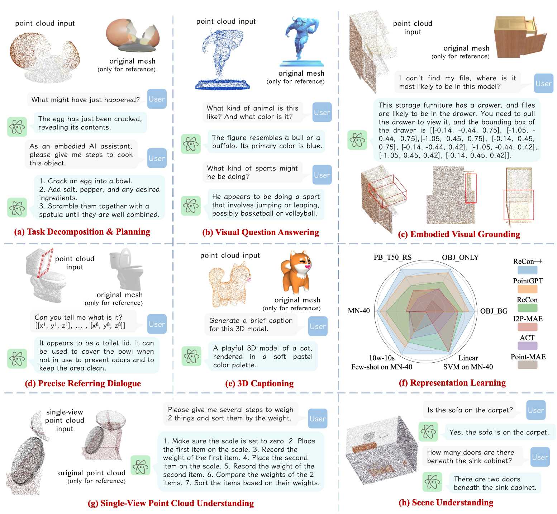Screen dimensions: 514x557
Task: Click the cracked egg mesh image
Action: pyautogui.click(x=132, y=36)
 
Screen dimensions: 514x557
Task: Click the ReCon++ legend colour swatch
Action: pyautogui.click(x=527, y=270)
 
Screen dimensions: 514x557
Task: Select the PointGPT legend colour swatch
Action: pyautogui.click(x=527, y=289)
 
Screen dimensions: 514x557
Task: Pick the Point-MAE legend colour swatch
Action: pyautogui.click(x=527, y=365)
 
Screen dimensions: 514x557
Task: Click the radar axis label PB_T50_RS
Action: pyautogui.click(x=392, y=258)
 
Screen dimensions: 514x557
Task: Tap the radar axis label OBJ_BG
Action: pyautogui.click(x=494, y=311)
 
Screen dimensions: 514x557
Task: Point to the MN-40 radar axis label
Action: pyautogui.click(x=358, y=311)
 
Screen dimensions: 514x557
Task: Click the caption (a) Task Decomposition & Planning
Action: pyautogui.click(x=82, y=232)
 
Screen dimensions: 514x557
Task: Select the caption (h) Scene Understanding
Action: pyautogui.click(x=446, y=503)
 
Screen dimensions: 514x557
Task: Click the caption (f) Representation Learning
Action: pyautogui.click(x=452, y=383)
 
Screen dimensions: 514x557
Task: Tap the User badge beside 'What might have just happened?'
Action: pyautogui.click(x=157, y=99)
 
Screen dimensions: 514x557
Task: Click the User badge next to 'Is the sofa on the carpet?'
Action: pyautogui.click(x=536, y=410)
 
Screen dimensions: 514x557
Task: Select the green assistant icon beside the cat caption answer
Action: pyautogui.click(x=191, y=356)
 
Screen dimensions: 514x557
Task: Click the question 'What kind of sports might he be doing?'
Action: pyautogui.click(x=252, y=172)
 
